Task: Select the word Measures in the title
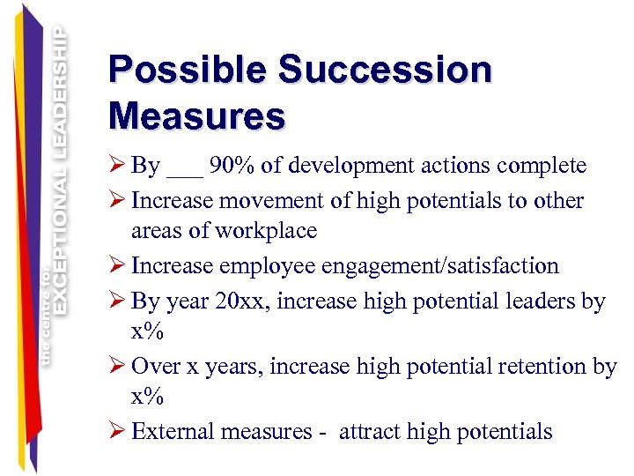196,115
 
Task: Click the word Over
155,367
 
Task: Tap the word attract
372,431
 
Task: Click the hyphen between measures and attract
322,432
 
